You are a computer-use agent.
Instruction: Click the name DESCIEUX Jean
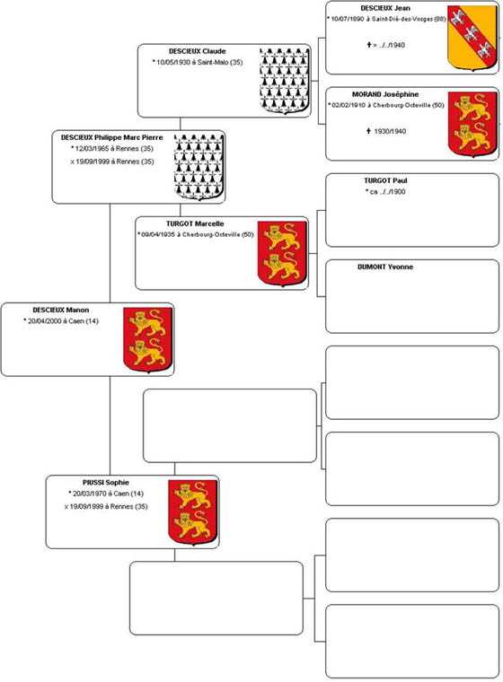tap(385, 8)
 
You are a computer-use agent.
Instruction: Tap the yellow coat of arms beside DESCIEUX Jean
tap(472, 38)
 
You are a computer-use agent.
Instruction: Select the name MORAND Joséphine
tap(385, 94)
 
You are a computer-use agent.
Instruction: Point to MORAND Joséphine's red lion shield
tap(472, 124)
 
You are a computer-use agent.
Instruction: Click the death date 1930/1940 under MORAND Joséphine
tap(386, 131)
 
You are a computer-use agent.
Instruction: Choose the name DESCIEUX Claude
tap(198, 51)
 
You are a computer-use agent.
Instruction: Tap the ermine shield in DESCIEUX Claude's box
tap(285, 81)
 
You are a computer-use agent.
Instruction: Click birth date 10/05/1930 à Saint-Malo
tap(198, 62)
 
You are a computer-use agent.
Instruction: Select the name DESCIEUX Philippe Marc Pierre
tap(112, 137)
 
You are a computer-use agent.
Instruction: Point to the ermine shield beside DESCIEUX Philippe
tap(199, 167)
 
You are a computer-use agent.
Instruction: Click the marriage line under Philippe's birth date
tap(112, 162)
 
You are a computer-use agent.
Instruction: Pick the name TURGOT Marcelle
tap(195, 223)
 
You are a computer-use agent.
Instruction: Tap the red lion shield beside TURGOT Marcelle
tap(282, 254)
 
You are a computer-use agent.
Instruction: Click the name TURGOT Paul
tap(385, 180)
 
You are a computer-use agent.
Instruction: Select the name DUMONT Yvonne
tap(385, 267)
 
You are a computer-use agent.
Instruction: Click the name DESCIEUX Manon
tap(60, 310)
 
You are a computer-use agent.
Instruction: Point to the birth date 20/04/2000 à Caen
tap(61, 321)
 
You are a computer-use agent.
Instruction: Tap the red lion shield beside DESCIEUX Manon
tap(147, 340)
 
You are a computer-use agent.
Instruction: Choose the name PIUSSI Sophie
tap(106, 483)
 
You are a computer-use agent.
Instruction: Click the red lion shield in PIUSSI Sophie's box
tap(192, 512)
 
